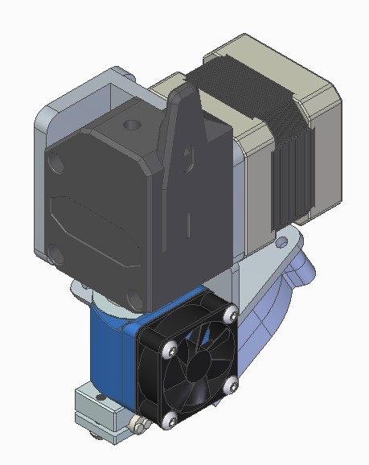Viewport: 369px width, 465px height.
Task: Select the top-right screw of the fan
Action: [x=230, y=312]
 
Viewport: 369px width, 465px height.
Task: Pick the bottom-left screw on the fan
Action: [x=170, y=418]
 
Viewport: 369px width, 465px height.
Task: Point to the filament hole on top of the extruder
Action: [x=131, y=126]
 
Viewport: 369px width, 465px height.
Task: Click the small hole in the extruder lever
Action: [x=191, y=150]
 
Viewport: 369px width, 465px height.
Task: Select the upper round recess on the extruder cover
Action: [x=56, y=164]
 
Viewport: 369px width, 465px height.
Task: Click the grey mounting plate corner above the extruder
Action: [x=121, y=76]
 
